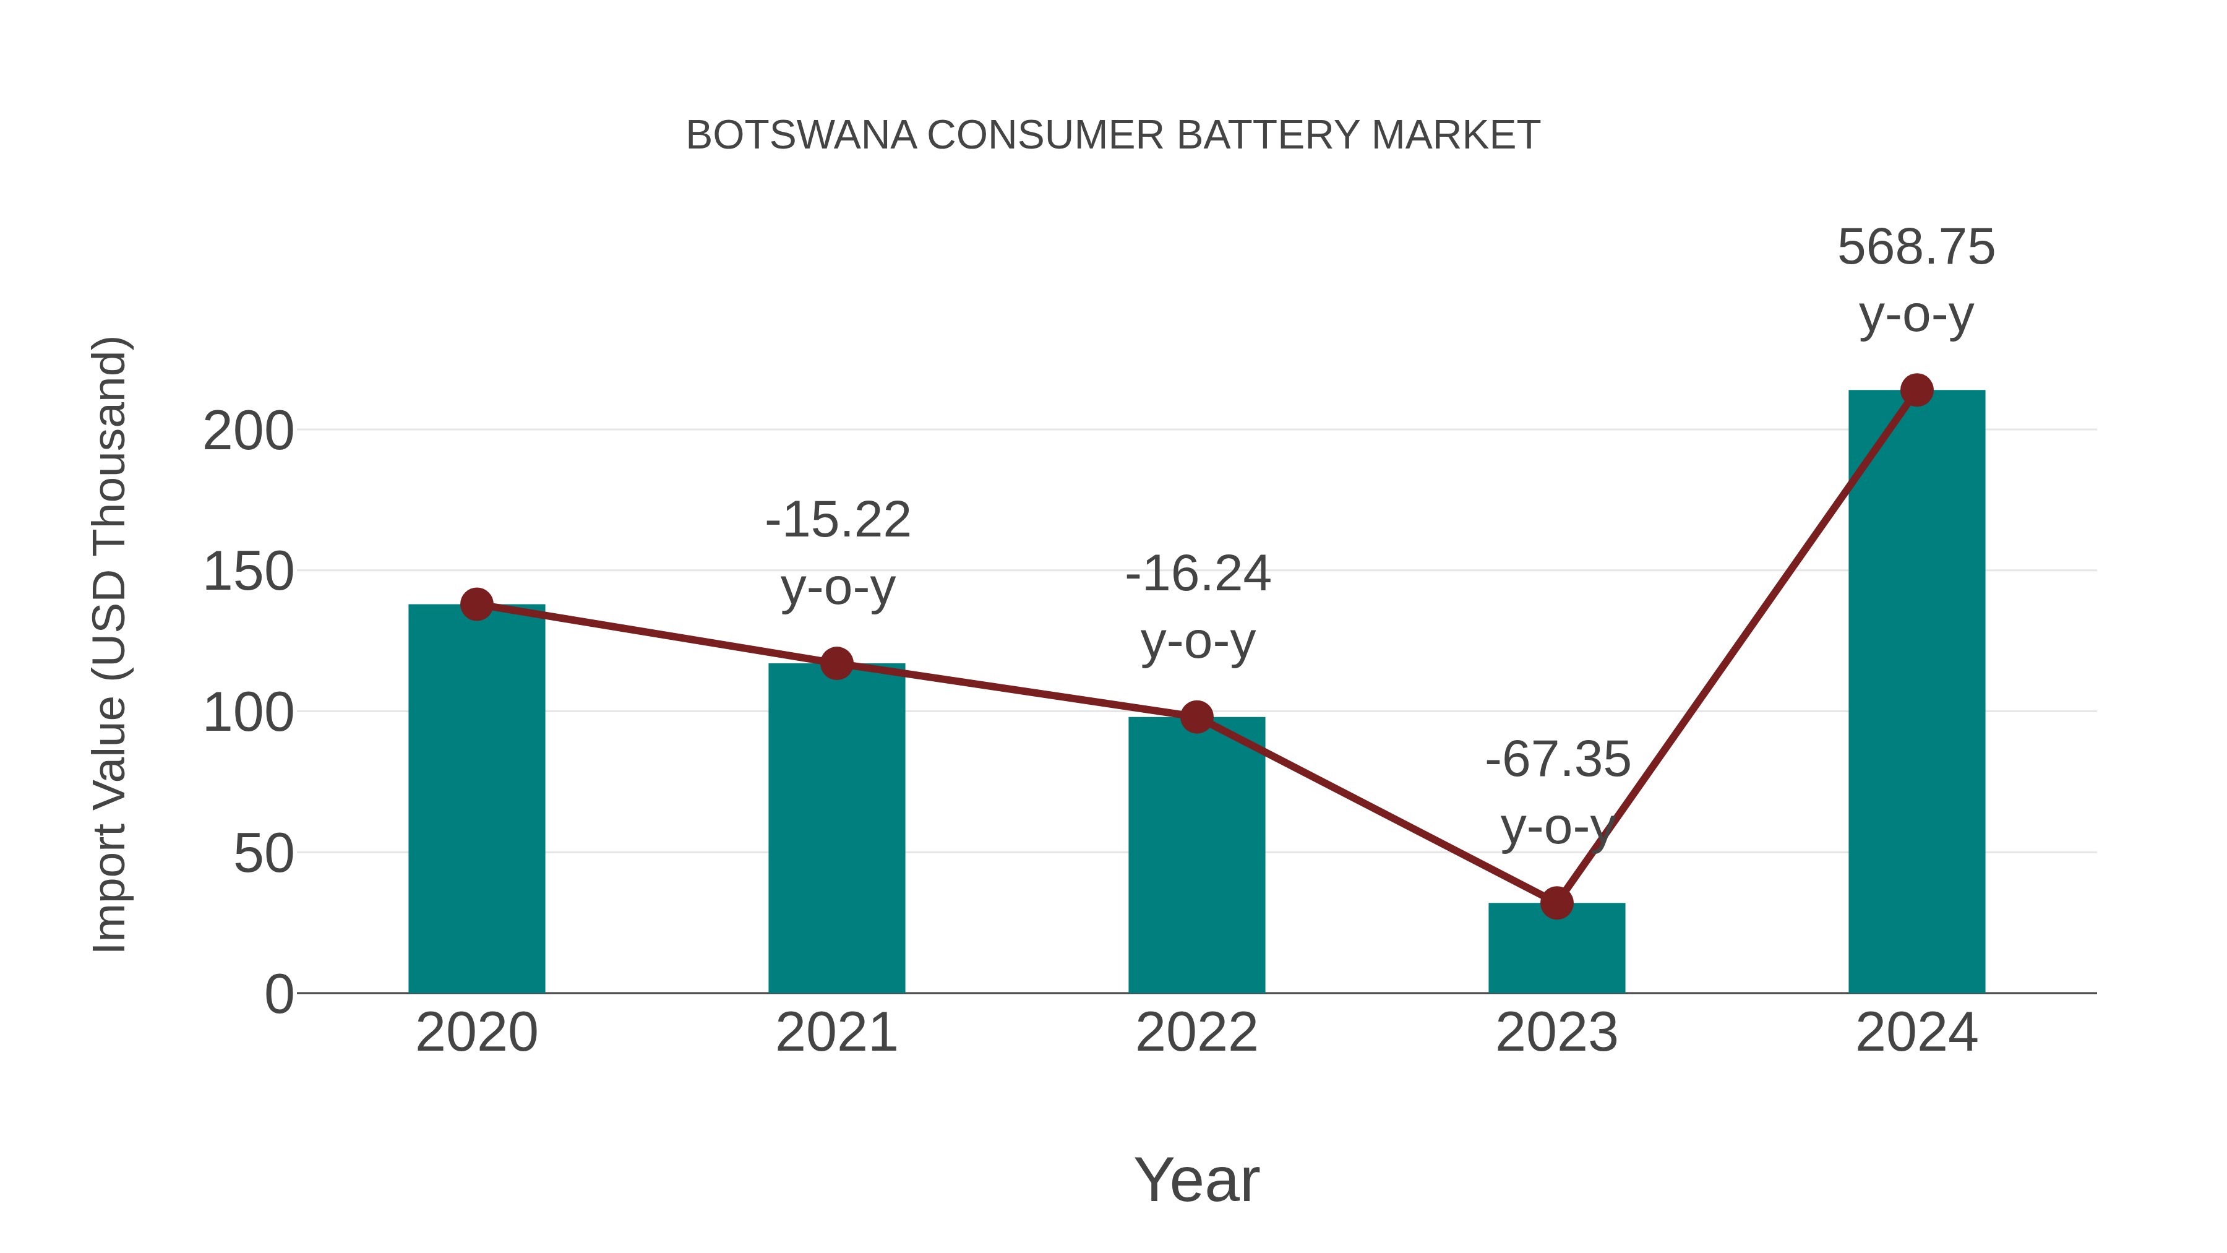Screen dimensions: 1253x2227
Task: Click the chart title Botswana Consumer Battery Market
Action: (1113, 136)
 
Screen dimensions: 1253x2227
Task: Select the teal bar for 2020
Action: (476, 804)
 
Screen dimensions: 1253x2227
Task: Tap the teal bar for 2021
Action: (836, 830)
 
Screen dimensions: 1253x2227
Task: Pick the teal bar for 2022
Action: (1196, 856)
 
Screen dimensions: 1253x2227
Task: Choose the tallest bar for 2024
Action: (1916, 692)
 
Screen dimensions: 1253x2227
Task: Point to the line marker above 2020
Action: (476, 605)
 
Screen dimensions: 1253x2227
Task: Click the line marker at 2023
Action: (1556, 903)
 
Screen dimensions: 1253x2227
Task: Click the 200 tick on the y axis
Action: (248, 431)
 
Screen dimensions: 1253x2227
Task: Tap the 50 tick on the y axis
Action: (264, 855)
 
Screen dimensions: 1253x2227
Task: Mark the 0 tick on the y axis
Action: (278, 994)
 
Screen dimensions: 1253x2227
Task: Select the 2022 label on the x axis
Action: (1196, 1033)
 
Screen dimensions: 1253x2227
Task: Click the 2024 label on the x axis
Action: (1916, 1033)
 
